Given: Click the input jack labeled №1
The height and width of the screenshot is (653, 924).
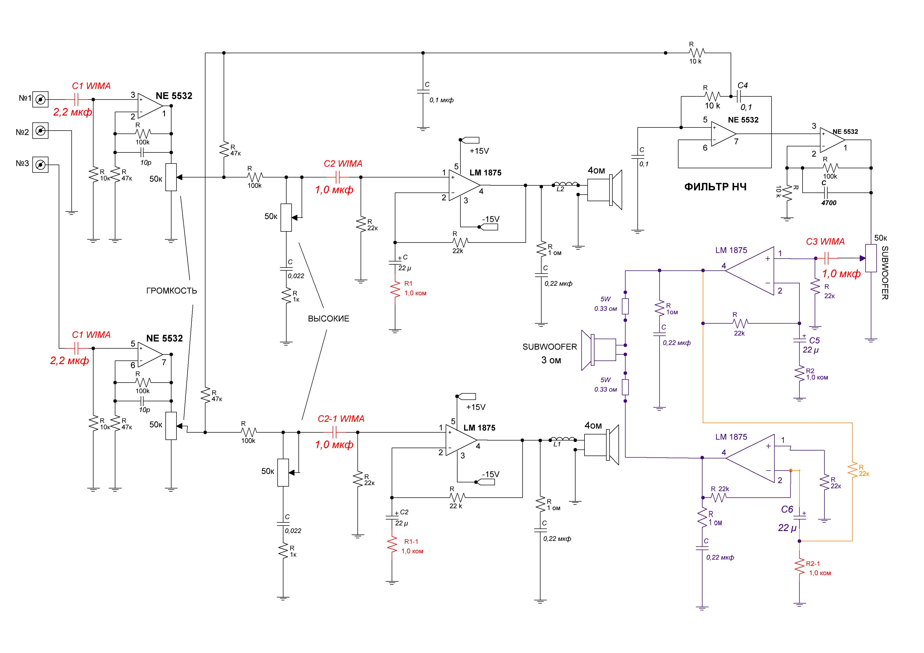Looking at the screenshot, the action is click(40, 99).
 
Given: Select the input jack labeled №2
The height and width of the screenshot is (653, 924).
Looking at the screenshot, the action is click(40, 131).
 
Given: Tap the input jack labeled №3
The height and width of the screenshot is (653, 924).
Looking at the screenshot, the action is click(40, 165).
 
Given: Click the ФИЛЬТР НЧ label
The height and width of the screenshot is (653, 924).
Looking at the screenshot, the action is click(715, 187).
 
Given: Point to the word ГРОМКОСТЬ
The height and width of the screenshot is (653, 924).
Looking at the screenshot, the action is click(171, 290).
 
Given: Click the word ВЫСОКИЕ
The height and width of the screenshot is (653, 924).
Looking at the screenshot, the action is click(328, 319).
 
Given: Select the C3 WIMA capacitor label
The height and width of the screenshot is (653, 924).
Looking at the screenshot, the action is click(825, 241).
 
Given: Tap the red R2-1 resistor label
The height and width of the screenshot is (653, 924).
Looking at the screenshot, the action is click(813, 564).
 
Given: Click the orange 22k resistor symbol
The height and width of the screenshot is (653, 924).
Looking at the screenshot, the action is click(852, 470).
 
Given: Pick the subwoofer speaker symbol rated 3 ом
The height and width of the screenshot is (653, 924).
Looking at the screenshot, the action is click(598, 350).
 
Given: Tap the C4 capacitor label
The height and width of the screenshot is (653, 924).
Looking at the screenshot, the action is click(743, 85).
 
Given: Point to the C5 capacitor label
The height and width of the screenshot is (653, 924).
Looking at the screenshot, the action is click(814, 340).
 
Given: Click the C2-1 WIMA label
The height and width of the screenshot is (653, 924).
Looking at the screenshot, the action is click(341, 419).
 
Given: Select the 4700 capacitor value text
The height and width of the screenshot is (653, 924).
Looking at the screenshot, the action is click(829, 203).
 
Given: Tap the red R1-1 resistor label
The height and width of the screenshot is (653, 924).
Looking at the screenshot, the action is click(411, 542).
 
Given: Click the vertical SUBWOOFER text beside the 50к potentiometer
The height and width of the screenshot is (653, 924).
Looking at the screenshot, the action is click(885, 273).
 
